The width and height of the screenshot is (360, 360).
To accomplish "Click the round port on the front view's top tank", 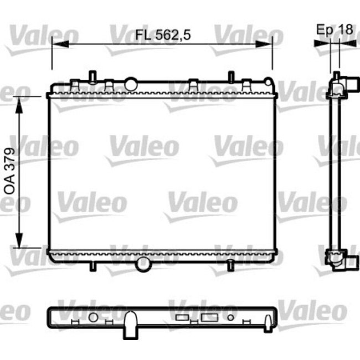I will click(x=131, y=84).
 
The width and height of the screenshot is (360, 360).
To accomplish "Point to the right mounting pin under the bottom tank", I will click(x=228, y=267).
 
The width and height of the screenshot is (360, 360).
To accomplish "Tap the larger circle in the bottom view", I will click(x=93, y=317).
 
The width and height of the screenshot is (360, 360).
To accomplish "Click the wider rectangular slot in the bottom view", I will click(x=209, y=318).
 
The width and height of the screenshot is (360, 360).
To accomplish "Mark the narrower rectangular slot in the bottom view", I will click(x=182, y=318).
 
